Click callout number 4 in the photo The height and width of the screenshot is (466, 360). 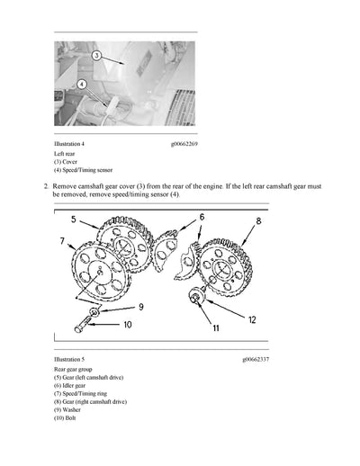point(82,84)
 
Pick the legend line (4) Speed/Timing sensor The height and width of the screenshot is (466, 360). point(83,170)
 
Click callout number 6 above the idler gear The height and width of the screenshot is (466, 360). point(201,217)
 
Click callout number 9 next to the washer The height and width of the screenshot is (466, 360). point(139,306)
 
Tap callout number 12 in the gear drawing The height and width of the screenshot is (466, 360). point(253,319)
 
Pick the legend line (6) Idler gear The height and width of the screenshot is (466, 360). point(75,386)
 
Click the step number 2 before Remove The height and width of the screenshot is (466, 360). point(45,184)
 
